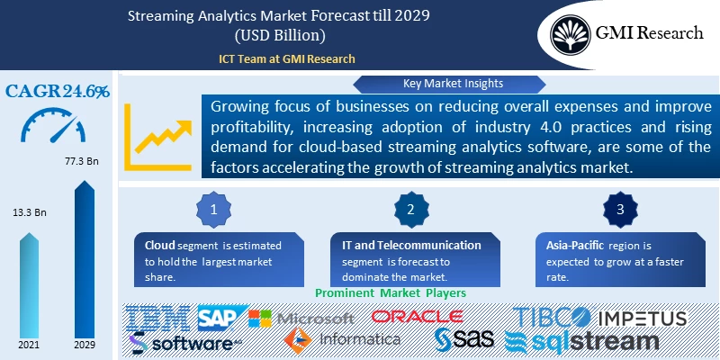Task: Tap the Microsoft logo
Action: coord(301,319)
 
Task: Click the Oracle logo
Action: coord(417,317)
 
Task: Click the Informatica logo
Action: coord(341,339)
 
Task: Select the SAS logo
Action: coord(465,340)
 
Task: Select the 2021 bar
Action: coord(27,288)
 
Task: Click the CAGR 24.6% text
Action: coord(58,91)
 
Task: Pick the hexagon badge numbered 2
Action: coord(410,209)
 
